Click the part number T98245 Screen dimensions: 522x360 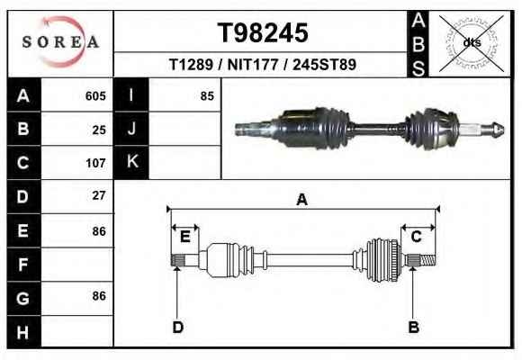coord(263,32)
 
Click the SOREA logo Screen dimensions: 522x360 coord(60,42)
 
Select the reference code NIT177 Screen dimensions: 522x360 coord(252,64)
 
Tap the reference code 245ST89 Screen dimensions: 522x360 coord(324,64)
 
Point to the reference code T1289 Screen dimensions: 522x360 coord(191,64)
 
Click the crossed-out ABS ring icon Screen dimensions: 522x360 coord(471,43)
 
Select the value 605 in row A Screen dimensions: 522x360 coord(95,96)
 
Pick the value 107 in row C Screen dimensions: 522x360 coord(95,163)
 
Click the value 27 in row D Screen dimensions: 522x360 coord(99,195)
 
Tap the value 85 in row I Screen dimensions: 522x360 coord(207,96)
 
